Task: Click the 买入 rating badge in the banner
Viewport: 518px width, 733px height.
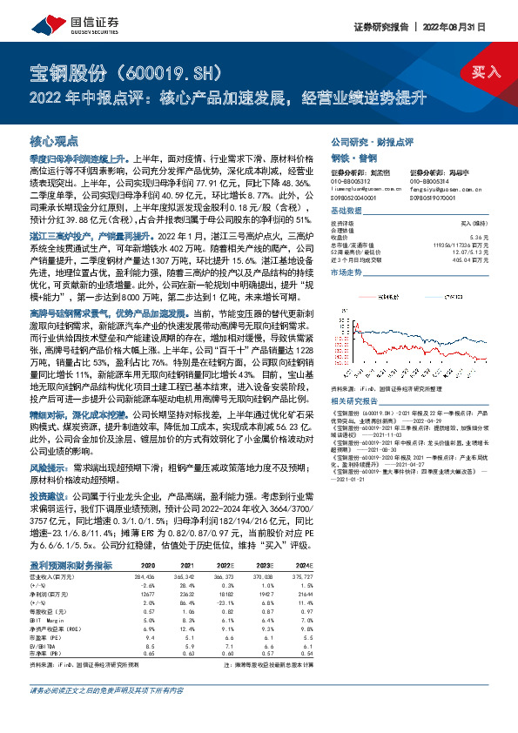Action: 488,71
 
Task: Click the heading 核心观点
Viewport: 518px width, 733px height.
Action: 54,139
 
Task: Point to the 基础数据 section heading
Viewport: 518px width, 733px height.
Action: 346,212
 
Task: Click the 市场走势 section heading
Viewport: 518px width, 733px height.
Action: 346,273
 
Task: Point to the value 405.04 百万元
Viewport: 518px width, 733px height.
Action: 474,259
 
